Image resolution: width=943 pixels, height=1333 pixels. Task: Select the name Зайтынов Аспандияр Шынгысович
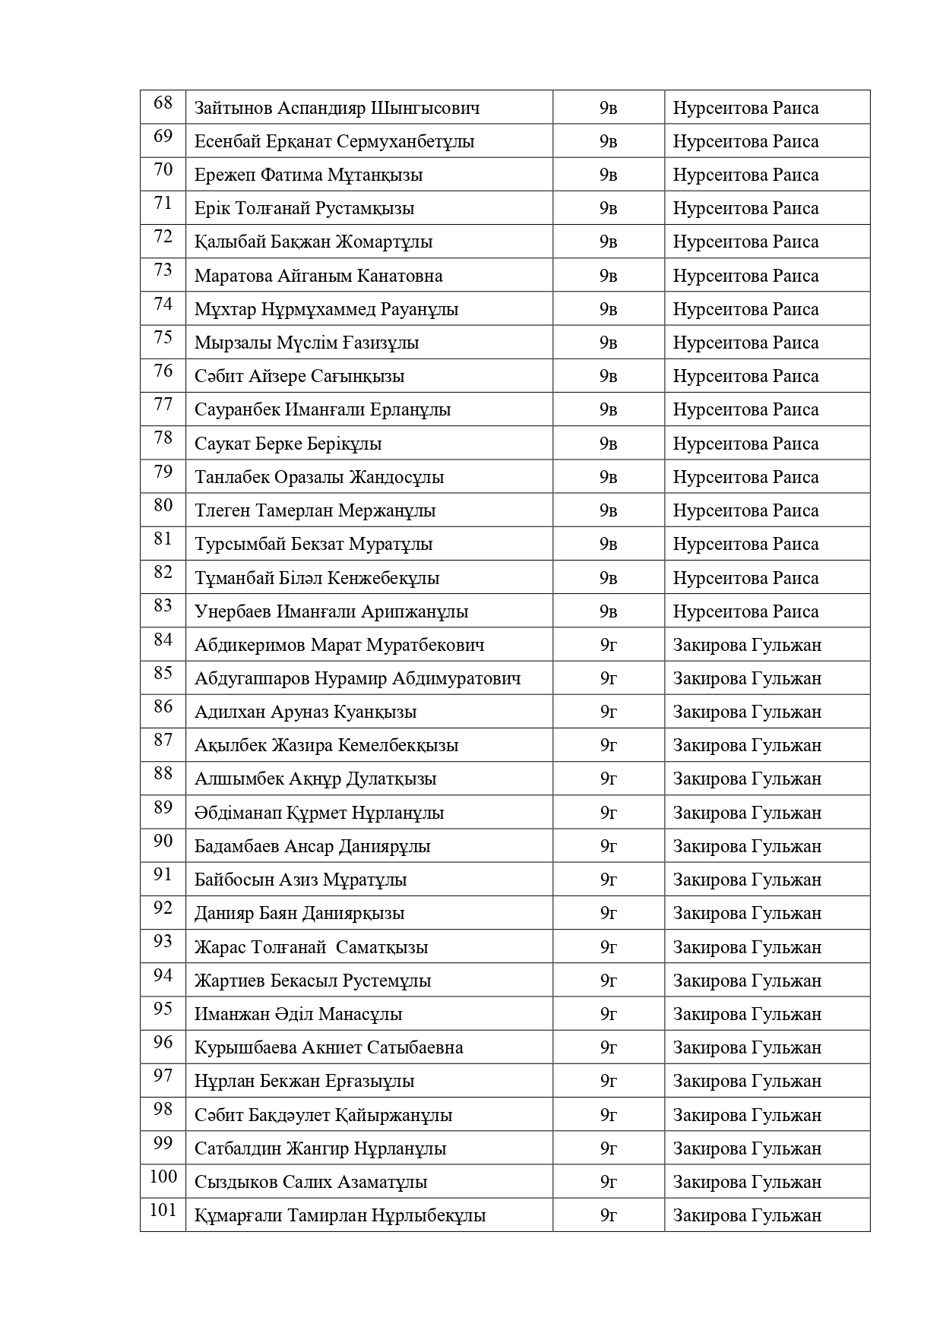[x=337, y=108]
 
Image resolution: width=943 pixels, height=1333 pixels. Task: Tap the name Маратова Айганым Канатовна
[x=318, y=276]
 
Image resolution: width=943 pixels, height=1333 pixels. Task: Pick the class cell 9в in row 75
[x=608, y=343]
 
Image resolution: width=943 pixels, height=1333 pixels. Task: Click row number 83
[x=163, y=606]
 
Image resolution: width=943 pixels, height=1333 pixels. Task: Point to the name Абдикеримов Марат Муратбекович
[x=339, y=645]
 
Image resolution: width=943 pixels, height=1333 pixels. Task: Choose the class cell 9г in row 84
[x=608, y=645]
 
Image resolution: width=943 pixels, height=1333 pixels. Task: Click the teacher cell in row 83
[x=745, y=611]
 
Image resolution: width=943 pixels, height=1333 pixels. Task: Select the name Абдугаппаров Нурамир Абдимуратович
[x=357, y=678]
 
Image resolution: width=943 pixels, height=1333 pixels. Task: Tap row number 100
[x=163, y=1177]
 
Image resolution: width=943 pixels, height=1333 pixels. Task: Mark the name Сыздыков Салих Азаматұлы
[x=311, y=1182]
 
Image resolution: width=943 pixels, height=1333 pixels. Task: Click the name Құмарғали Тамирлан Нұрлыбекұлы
[x=340, y=1215]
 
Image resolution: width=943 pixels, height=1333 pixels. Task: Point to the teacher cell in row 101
[x=747, y=1215]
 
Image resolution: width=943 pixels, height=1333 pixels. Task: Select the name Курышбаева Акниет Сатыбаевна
[x=328, y=1047]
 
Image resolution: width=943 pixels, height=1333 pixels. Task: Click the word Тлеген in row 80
[x=222, y=510]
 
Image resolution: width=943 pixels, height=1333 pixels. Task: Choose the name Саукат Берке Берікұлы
[x=288, y=444]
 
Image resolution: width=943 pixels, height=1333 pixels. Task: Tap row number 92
[x=163, y=908]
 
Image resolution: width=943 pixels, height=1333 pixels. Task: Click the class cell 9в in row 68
[x=608, y=108]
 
